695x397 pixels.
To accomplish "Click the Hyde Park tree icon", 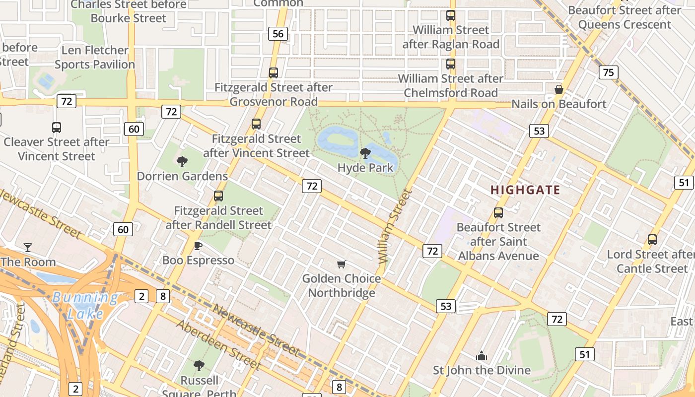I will click(x=365, y=153).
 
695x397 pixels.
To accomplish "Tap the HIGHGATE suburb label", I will click(x=525, y=190).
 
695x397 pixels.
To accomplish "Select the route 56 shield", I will click(x=278, y=34).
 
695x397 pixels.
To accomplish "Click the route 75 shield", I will click(x=608, y=72).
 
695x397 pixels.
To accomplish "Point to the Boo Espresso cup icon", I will click(x=198, y=246).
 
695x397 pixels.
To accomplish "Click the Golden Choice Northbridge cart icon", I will click(x=341, y=264).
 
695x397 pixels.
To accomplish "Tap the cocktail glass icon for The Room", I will click(x=28, y=247).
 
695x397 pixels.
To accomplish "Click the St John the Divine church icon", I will click(x=481, y=356).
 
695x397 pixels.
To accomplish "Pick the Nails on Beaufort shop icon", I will click(x=559, y=89).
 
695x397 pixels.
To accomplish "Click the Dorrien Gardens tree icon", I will click(x=182, y=161).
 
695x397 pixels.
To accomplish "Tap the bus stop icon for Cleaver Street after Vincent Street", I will click(x=57, y=128).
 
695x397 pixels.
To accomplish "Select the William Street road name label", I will click(x=395, y=226).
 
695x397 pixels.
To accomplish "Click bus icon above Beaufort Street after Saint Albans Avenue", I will click(x=498, y=213).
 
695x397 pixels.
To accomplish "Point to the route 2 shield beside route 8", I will click(x=141, y=297).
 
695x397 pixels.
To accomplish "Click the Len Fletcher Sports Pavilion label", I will click(x=95, y=57).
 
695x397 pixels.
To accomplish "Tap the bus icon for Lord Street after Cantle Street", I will click(x=652, y=240).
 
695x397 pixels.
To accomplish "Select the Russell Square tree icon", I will click(x=199, y=366).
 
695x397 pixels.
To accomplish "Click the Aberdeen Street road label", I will click(x=218, y=345).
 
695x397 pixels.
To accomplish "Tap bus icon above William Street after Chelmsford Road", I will click(x=451, y=64).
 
